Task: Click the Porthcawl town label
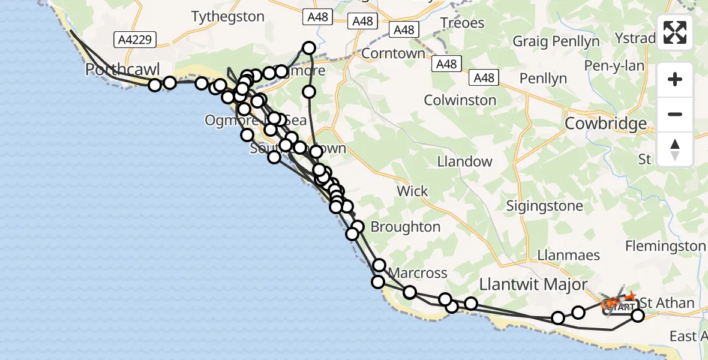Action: coord(122,70)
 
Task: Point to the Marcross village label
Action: coord(418,273)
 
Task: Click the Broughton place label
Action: coord(406,227)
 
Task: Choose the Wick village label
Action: coord(412,191)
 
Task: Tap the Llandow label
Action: coord(464,161)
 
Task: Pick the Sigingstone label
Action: coord(544,206)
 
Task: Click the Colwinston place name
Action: coord(460,100)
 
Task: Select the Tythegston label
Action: coord(227,17)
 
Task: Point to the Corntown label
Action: coord(394,53)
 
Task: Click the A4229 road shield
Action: coord(136,40)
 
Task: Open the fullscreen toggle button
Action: coord(675,32)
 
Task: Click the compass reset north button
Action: coord(675,149)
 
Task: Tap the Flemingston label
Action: coord(665,246)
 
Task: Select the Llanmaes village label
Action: coord(565,255)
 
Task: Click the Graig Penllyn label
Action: coord(556,41)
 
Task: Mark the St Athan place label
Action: coord(667,302)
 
